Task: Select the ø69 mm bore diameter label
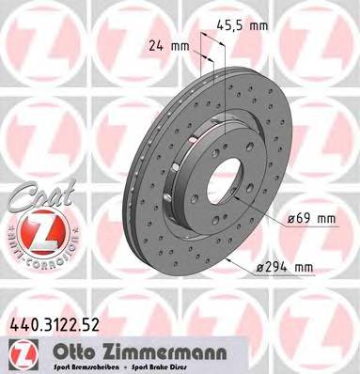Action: pyautogui.click(x=312, y=218)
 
